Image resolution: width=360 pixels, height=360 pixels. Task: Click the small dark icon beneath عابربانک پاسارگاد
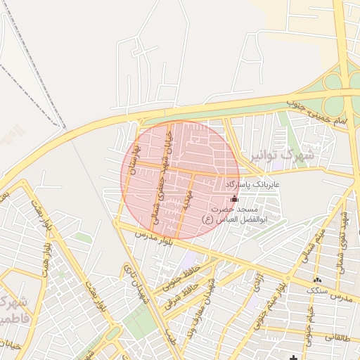[x=234, y=199]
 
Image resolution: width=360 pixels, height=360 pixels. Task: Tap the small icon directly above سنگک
[x=318, y=278]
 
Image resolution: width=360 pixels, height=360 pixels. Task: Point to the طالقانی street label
[x=337, y=338]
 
